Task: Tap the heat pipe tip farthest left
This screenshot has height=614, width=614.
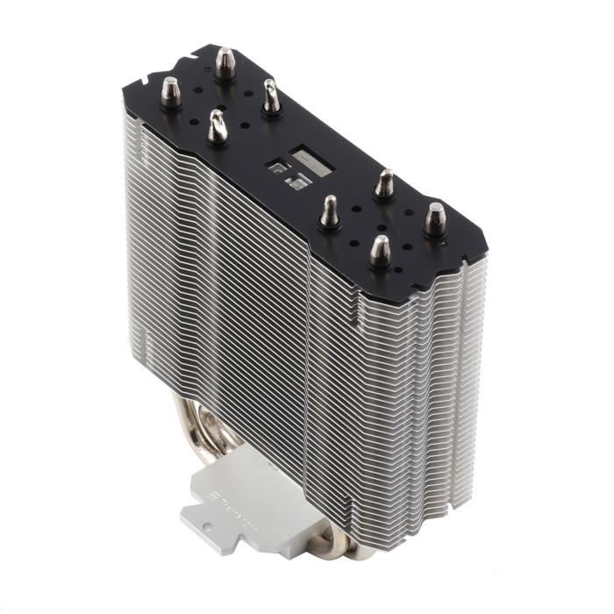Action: [170, 89]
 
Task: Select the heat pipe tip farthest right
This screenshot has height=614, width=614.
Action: [435, 218]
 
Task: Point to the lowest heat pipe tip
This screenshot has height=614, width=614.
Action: [379, 249]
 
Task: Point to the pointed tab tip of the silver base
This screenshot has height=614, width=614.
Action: [184, 518]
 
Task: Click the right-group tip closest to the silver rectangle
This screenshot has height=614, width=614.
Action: [329, 211]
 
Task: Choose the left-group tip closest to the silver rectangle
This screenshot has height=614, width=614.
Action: [271, 96]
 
